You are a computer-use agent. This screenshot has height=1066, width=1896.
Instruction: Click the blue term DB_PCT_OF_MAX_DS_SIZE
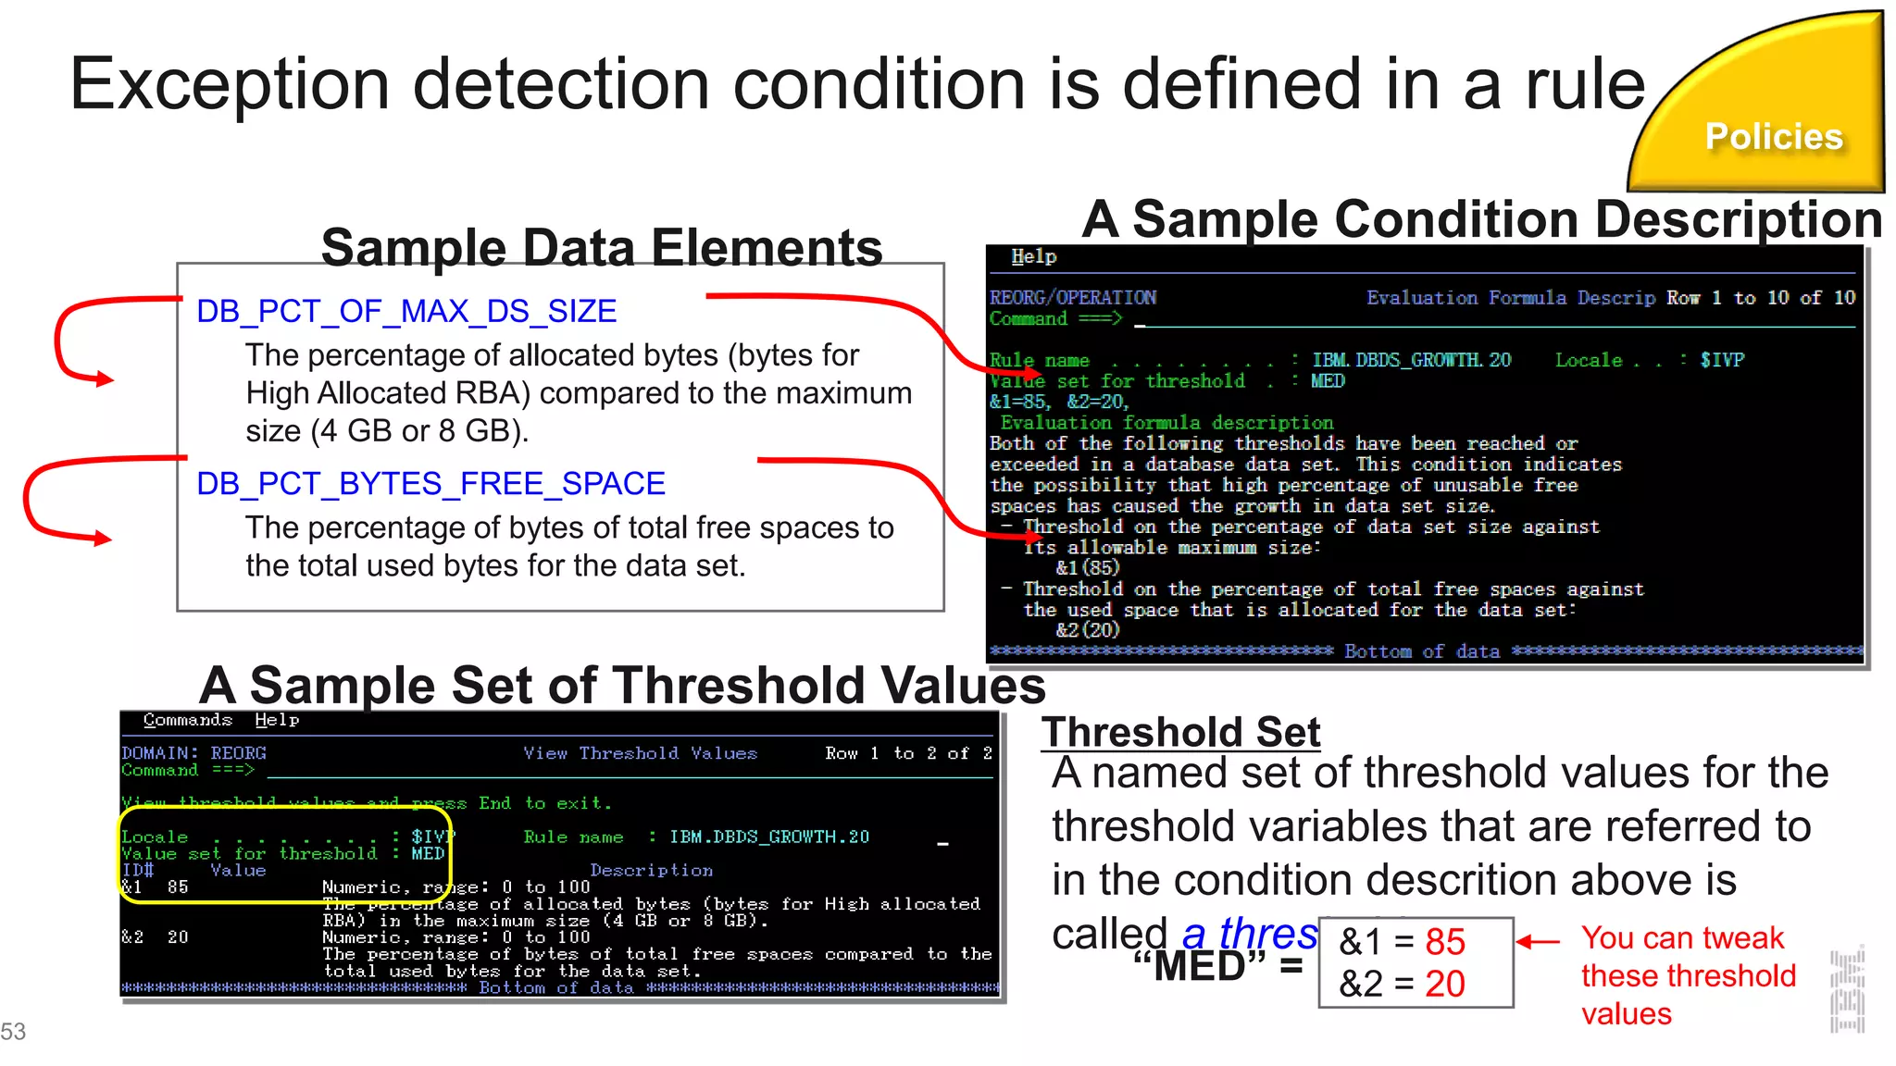(406, 312)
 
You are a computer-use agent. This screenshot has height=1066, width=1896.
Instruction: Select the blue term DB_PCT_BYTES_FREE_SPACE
(430, 484)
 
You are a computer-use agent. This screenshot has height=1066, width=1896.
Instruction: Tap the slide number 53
(13, 1032)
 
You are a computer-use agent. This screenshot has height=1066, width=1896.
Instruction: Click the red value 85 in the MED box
(1445, 942)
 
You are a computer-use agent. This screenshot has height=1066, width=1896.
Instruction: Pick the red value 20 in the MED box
(1445, 984)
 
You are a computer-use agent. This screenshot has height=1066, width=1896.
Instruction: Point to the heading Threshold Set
(1180, 732)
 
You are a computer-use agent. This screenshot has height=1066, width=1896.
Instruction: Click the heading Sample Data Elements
(602, 248)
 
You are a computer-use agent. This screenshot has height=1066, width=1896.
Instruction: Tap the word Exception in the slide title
(230, 84)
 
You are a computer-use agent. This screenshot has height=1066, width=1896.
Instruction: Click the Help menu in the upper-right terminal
(1033, 256)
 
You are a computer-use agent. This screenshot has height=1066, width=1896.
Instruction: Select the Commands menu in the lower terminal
(187, 720)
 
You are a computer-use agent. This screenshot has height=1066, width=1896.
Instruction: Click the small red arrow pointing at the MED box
(1538, 942)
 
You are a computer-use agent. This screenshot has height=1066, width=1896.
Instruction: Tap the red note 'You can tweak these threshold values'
(1688, 975)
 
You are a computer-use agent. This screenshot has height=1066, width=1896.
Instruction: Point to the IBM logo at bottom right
(1847, 990)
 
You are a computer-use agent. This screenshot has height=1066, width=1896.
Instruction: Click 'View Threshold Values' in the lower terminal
(640, 753)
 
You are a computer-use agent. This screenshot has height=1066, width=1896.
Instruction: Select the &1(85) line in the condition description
(1088, 568)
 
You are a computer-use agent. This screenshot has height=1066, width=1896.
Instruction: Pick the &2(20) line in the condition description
(1088, 630)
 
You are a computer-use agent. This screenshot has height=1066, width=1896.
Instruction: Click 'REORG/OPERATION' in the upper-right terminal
(1073, 298)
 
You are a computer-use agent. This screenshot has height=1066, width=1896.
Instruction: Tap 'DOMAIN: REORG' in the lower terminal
(193, 753)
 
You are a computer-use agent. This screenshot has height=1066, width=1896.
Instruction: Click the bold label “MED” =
(1216, 967)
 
